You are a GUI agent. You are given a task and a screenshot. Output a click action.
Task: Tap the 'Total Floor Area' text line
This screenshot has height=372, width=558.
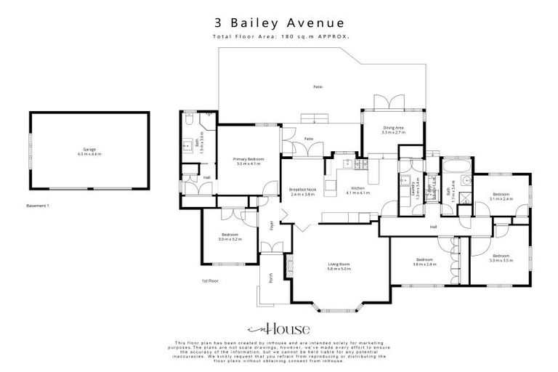tap(280, 36)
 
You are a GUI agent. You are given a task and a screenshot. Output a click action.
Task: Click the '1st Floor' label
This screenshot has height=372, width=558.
tap(210, 280)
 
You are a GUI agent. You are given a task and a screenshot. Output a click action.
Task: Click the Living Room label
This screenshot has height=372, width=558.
tap(339, 266)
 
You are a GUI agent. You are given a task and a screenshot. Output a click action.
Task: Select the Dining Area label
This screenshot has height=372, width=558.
tap(393, 130)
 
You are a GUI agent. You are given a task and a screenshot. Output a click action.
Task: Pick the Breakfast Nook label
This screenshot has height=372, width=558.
tap(302, 191)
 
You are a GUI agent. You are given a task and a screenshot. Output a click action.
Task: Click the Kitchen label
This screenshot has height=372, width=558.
tap(357, 190)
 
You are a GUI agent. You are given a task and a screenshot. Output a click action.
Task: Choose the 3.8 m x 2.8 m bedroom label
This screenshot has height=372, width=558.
tap(424, 262)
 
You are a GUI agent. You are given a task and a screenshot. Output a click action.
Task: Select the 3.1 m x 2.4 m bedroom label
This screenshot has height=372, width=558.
tap(502, 196)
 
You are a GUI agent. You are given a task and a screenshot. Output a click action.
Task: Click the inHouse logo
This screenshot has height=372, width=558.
tap(279, 328)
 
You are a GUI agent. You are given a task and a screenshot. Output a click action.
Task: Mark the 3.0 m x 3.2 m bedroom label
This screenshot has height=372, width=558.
tap(230, 236)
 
